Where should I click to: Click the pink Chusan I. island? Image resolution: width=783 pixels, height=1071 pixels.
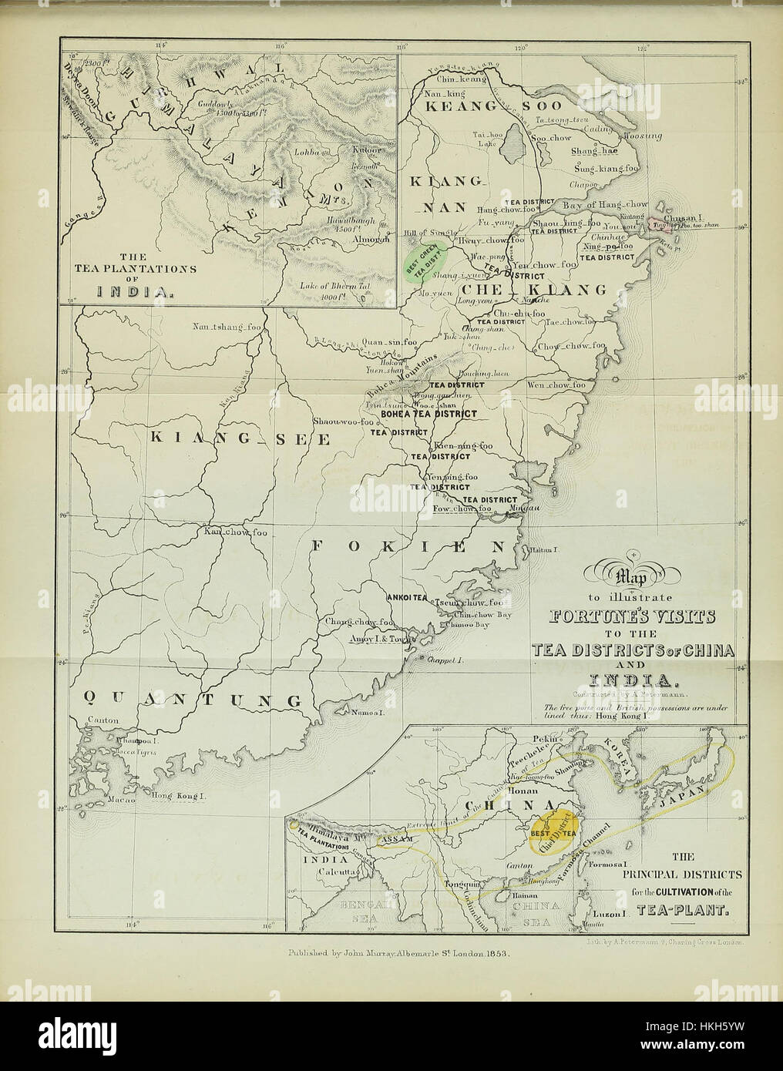(x=657, y=222)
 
